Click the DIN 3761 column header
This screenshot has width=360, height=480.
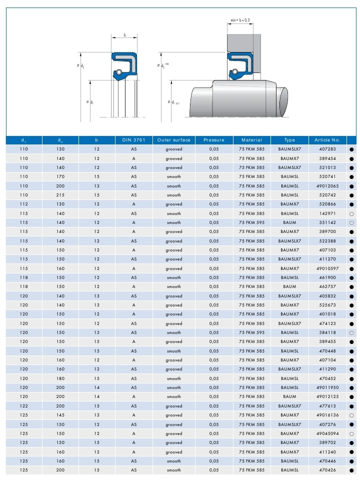pyautogui.click(x=133, y=140)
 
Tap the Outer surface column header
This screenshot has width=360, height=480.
pyautogui.click(x=173, y=140)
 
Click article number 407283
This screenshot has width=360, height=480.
pyautogui.click(x=327, y=149)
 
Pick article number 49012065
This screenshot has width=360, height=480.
pyautogui.click(x=327, y=186)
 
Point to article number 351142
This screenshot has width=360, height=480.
pyautogui.click(x=327, y=222)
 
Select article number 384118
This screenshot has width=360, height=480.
pyautogui.click(x=327, y=332)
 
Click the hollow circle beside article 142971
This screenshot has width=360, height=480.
pyautogui.click(x=351, y=213)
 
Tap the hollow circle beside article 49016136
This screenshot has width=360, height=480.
pyautogui.click(x=351, y=415)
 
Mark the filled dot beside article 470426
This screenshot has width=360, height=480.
pyautogui.click(x=351, y=470)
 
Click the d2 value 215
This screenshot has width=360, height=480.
pyautogui.click(x=60, y=195)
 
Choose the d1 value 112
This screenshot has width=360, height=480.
pyautogui.click(x=23, y=204)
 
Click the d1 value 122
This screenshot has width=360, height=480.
pyautogui.click(x=23, y=406)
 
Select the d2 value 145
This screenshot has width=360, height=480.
pyautogui.click(x=60, y=415)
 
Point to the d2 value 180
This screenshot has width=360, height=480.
pyautogui.click(x=60, y=378)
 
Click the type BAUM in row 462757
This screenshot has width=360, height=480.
pyautogui.click(x=289, y=286)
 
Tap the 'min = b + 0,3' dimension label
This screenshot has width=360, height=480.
pyautogui.click(x=240, y=20)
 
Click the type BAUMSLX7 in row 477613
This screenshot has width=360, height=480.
pyautogui.click(x=289, y=406)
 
